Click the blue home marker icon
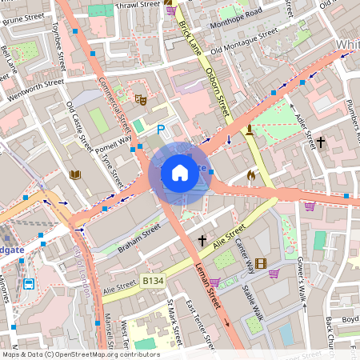pyautogui.click(x=180, y=172)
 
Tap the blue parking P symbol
pyautogui.click(x=161, y=130)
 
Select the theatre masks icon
pyautogui.click(x=139, y=99)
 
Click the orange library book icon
pyautogui.click(x=76, y=174)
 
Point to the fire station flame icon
pyautogui.click(x=250, y=174)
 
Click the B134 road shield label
pyautogui.click(x=154, y=282)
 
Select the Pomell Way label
pyautogui.click(x=114, y=142)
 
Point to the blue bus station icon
pyautogui.click(x=29, y=283)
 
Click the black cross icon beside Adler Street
pyautogui.click(x=321, y=142)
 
